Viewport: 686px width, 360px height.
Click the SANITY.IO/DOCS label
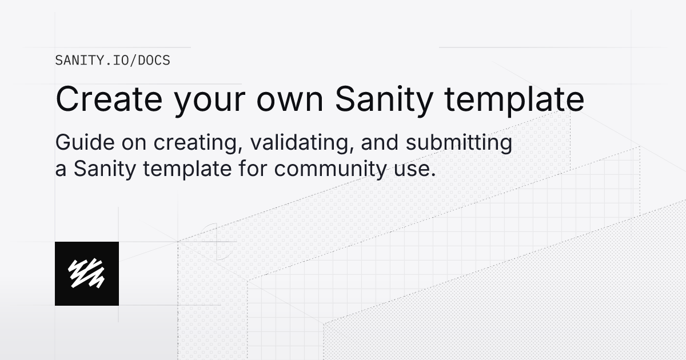click(113, 60)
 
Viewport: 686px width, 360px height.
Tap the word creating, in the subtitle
click(196, 144)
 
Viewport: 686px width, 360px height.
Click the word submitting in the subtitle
click(459, 143)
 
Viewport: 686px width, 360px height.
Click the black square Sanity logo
click(87, 273)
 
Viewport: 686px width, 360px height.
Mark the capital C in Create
click(69, 99)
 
